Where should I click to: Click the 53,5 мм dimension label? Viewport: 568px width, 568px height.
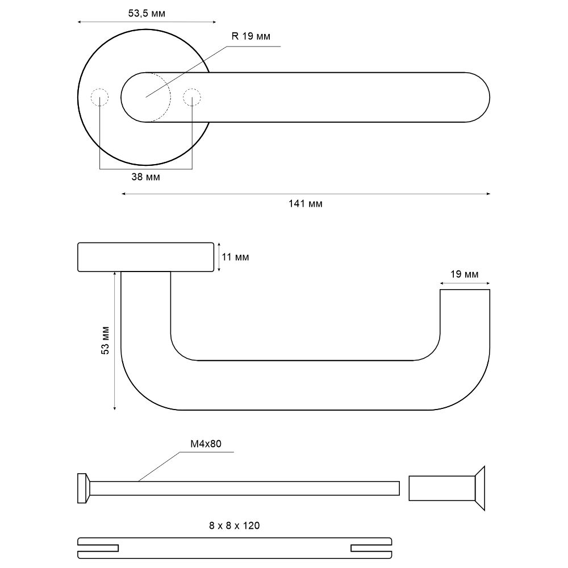(x=147, y=14)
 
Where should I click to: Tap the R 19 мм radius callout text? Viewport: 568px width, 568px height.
(x=250, y=36)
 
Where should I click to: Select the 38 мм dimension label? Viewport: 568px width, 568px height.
(x=145, y=177)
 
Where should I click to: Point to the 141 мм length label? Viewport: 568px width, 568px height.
(x=306, y=203)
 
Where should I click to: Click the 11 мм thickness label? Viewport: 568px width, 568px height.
(x=236, y=257)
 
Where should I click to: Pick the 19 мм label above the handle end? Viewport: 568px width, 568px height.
(x=465, y=274)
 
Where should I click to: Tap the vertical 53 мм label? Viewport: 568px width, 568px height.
(x=105, y=340)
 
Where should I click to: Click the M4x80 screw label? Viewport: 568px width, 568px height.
(x=206, y=444)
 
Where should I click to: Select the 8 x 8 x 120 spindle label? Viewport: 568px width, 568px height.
(x=235, y=525)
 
